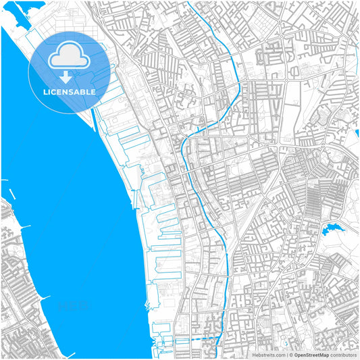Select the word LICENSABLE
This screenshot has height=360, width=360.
coord(70,92)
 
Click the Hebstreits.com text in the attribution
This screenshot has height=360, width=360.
coord(269,355)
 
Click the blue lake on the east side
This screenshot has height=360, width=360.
coord(333,230)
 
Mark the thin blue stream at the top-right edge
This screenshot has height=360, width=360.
coord(357,51)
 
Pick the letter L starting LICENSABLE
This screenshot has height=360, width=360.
coord(45,92)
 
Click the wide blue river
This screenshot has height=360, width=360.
coord(68,223)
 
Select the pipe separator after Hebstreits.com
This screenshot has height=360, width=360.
coord(286,355)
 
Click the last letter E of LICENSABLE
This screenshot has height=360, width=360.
coord(93,92)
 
